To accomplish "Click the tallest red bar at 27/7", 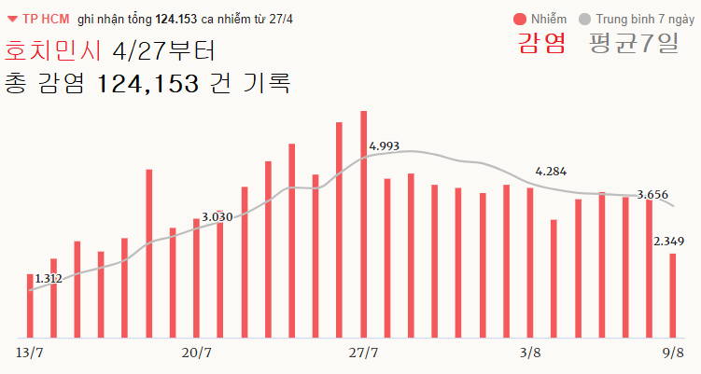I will pos(363,224).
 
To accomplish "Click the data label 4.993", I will pos(385,146).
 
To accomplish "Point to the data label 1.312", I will pos(48,278).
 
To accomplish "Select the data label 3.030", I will pos(217,217).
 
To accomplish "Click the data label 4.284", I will pos(551,172).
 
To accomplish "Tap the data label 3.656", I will pos(652,195).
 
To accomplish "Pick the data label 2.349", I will pos(668,242).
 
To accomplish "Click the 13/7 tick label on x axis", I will pos(30,353).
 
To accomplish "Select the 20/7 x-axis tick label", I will pos(197,353).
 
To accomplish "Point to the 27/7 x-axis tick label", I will pos(363,353).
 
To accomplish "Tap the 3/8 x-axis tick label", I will pos(529,353).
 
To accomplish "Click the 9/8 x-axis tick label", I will pos(672,353).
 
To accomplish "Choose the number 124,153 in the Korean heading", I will pos(148,83).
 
